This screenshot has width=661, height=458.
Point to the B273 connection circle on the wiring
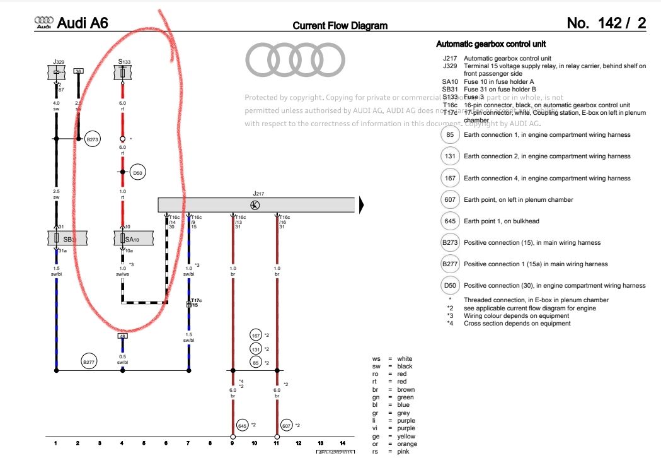[93, 138]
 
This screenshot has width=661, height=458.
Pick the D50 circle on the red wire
[138, 172]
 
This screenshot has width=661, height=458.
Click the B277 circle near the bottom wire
[88, 362]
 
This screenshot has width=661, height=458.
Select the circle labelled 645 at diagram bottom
[243, 425]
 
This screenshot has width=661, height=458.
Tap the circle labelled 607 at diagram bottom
[287, 425]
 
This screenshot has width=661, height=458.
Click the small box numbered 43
[123, 336]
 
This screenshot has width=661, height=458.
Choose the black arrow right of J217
[362, 204]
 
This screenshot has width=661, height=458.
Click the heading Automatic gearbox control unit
[491, 44]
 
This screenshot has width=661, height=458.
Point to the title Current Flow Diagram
[340, 26]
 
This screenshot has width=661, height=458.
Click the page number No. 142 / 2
[606, 23]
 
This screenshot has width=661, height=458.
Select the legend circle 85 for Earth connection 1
[450, 134]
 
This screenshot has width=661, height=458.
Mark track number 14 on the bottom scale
[342, 443]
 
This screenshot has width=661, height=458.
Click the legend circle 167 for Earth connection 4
[450, 178]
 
